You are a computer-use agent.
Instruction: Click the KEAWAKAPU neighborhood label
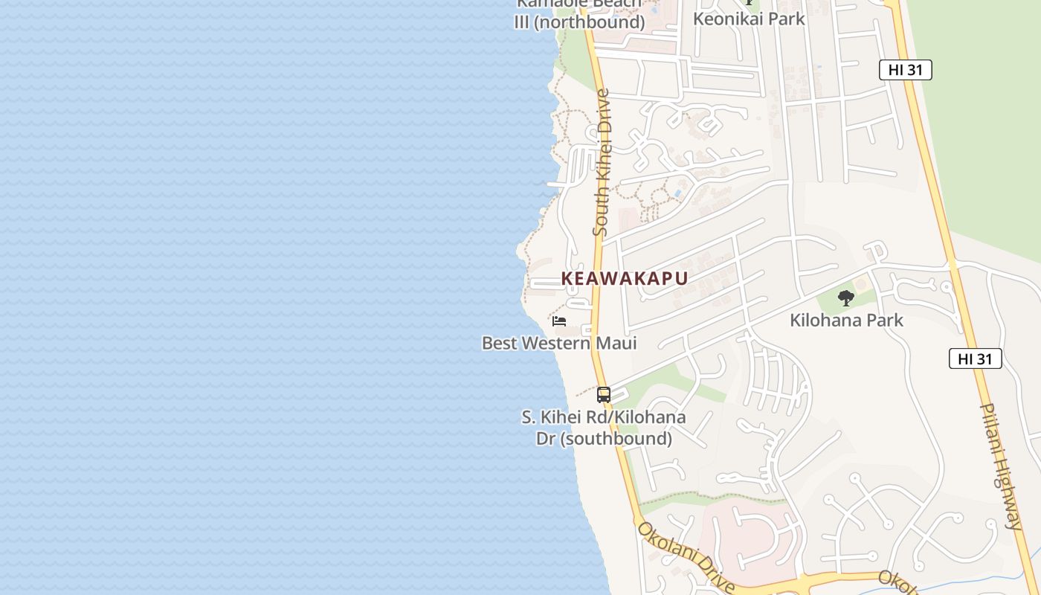624,278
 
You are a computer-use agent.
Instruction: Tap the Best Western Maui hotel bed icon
559,321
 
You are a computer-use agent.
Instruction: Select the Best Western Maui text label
559,343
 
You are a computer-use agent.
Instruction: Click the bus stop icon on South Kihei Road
604,395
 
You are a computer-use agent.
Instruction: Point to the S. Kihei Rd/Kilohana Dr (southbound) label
604,428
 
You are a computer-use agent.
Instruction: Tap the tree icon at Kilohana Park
845,298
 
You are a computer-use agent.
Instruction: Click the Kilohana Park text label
846,321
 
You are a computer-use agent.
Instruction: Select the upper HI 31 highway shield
905,70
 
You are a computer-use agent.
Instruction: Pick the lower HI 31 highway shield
975,358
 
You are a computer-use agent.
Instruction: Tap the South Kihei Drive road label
602,162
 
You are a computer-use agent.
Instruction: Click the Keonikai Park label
749,19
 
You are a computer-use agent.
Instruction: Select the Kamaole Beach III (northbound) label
579,13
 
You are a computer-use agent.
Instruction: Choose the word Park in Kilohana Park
886,321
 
